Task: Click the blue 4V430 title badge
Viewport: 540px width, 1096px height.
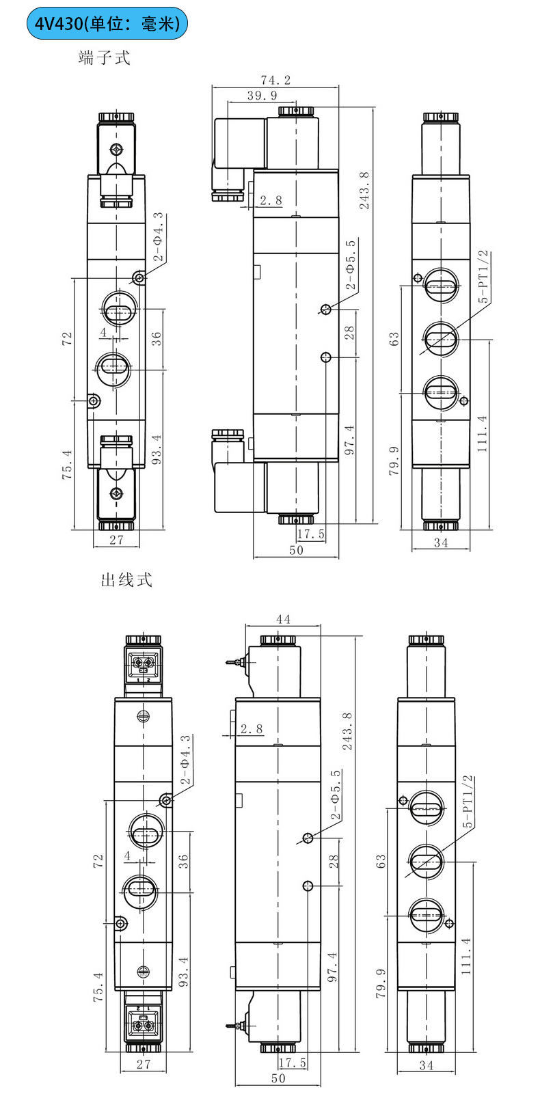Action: tap(107, 24)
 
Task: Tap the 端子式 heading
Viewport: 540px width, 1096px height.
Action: tap(104, 58)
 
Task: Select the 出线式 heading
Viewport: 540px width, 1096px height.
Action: tap(126, 580)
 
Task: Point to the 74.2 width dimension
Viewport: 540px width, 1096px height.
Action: tap(275, 80)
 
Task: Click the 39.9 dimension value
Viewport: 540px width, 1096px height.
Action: tap(262, 96)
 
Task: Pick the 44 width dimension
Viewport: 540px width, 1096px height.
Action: tap(283, 619)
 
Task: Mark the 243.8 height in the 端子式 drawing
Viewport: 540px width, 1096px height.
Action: tap(364, 190)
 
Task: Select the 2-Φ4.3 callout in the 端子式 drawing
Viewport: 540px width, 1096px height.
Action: tap(158, 237)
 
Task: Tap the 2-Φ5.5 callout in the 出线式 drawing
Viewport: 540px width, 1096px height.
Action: tap(335, 795)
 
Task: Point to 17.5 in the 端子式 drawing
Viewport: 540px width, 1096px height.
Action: tap(311, 534)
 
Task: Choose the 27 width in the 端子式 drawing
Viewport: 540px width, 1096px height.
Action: tap(117, 539)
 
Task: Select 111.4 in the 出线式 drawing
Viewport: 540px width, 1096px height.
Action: tap(466, 955)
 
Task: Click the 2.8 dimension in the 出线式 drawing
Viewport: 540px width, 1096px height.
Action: tap(251, 729)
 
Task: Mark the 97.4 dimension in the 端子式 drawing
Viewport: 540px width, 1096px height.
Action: tap(349, 440)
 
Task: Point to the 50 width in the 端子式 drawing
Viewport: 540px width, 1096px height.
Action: tap(296, 550)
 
